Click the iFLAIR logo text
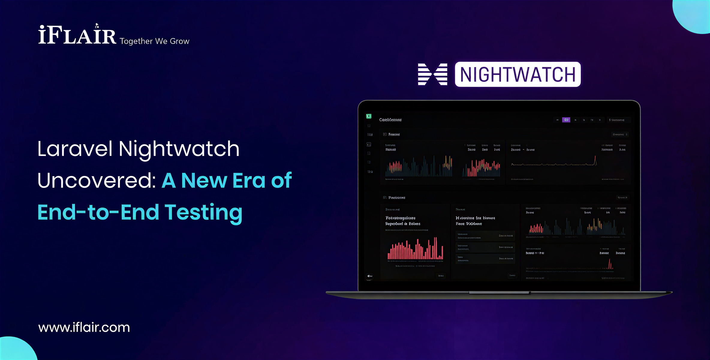(77, 35)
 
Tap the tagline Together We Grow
(154, 41)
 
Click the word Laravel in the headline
(75, 149)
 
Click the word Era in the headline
(249, 181)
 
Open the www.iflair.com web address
(84, 327)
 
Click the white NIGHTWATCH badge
(518, 74)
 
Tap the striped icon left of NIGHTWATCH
(432, 74)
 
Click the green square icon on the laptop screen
(369, 116)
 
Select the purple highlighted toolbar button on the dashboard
(566, 120)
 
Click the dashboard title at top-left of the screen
(390, 120)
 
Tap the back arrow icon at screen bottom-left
(370, 276)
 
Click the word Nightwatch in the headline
(179, 149)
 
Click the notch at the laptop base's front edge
(499, 292)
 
